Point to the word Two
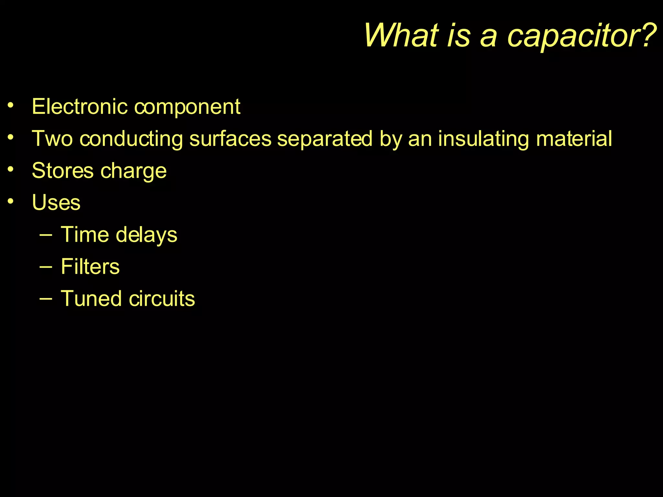click(52, 138)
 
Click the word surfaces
click(230, 138)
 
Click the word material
click(574, 138)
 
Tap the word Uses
click(56, 203)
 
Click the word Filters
click(90, 266)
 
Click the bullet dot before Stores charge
click(11, 169)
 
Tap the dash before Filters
click(46, 267)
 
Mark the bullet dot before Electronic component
click(11, 105)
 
